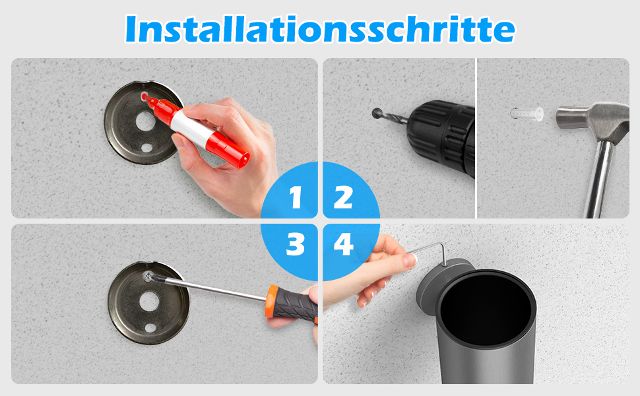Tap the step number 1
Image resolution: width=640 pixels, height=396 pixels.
pyautogui.click(x=296, y=197)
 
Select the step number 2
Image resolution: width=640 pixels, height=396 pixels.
pyautogui.click(x=343, y=197)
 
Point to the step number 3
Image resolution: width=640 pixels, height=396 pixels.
pyautogui.click(x=296, y=245)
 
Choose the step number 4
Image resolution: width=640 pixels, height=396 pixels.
pyautogui.click(x=343, y=245)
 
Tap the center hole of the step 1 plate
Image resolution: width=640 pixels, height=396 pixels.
pyautogui.click(x=145, y=121)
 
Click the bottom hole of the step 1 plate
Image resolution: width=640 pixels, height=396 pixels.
pyautogui.click(x=146, y=147)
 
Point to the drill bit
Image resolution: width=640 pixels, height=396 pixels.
pyautogui.click(x=390, y=115)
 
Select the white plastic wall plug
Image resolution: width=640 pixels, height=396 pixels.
pyautogui.click(x=527, y=114)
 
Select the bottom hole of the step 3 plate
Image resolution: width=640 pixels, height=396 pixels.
pyautogui.click(x=150, y=327)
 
